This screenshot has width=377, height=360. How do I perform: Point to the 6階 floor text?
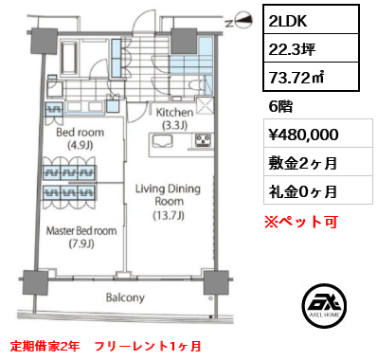click(x=282, y=107)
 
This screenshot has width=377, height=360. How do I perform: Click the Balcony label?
click(x=125, y=297)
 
